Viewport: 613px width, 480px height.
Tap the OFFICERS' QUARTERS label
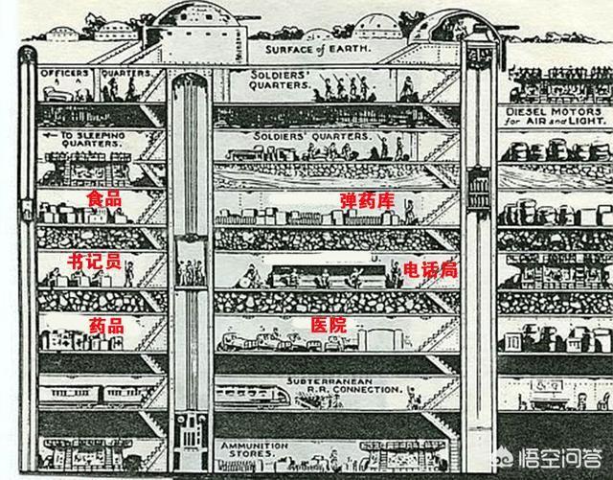point(97,72)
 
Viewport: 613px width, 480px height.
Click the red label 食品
point(104,198)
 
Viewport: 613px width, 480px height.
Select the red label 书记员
point(95,262)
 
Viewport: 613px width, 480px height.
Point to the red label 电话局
point(430,269)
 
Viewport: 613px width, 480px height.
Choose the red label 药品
point(105,325)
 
